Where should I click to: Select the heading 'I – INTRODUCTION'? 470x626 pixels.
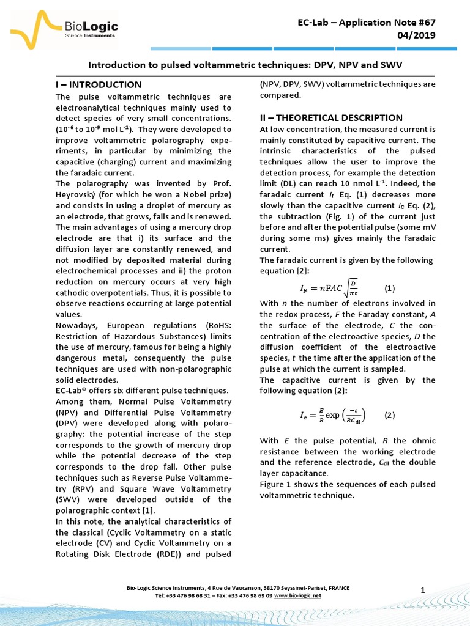coord(99,84)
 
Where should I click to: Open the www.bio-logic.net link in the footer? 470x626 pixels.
coord(297,595)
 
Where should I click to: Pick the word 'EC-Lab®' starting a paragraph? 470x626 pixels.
coord(72,391)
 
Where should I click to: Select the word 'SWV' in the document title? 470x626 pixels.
coord(390,64)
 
